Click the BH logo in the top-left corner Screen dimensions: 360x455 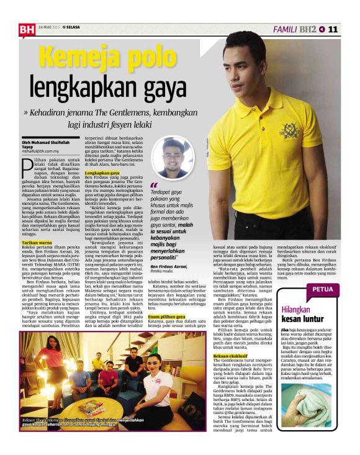coord(27,29)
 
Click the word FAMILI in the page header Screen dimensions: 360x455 coord(286,29)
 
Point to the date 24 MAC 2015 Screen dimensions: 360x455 coord(48,27)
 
